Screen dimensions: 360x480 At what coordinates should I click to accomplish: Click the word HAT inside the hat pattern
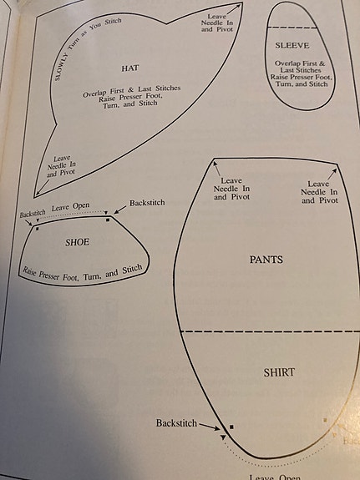130,68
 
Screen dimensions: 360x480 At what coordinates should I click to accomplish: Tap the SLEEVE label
292,45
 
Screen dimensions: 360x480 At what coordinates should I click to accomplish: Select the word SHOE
77,242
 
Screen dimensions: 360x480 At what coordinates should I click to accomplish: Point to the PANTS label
266,260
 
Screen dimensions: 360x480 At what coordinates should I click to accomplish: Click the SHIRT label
279,372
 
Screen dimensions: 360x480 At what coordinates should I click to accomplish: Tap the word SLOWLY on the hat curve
61,67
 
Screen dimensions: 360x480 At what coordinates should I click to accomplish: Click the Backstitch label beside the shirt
176,422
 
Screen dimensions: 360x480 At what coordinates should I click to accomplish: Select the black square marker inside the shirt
231,427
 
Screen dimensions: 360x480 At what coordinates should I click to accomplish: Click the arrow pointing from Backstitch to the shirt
210,427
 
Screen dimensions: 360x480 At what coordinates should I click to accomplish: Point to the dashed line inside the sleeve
292,28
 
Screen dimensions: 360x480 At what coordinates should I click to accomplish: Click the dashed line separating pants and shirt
271,331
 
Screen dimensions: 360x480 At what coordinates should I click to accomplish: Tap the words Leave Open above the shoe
70,207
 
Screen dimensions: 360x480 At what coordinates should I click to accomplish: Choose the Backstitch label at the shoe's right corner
147,203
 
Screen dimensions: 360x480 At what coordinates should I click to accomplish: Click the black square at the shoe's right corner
108,220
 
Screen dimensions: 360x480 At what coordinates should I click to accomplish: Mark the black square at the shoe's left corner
37,229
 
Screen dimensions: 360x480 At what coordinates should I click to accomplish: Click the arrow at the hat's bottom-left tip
43,188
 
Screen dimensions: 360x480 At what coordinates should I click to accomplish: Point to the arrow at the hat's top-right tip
234,9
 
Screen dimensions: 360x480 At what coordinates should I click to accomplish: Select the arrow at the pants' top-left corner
217,168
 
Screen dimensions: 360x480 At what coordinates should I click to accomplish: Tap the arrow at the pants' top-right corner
332,174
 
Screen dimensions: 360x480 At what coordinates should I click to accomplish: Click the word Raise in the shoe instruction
29,271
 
